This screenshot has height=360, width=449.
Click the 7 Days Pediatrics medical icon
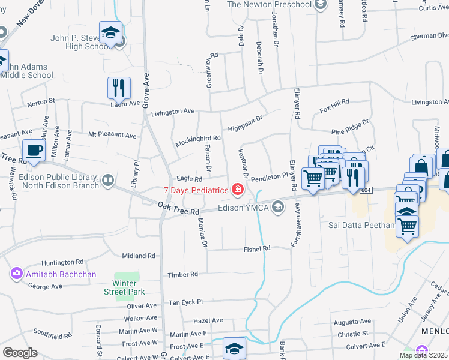point(238,190)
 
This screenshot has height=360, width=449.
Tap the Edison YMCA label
point(244,208)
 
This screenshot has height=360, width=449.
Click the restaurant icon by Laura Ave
point(119,88)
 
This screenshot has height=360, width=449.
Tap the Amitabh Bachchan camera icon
point(16,274)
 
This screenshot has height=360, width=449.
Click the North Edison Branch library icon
point(108,181)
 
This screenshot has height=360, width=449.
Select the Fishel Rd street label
point(257,248)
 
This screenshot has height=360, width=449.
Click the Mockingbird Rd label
point(198,141)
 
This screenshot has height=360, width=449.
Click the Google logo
point(20,353)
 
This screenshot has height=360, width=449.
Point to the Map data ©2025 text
point(423,355)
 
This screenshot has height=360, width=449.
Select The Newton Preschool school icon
point(321,5)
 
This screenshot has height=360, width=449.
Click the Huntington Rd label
point(62,262)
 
